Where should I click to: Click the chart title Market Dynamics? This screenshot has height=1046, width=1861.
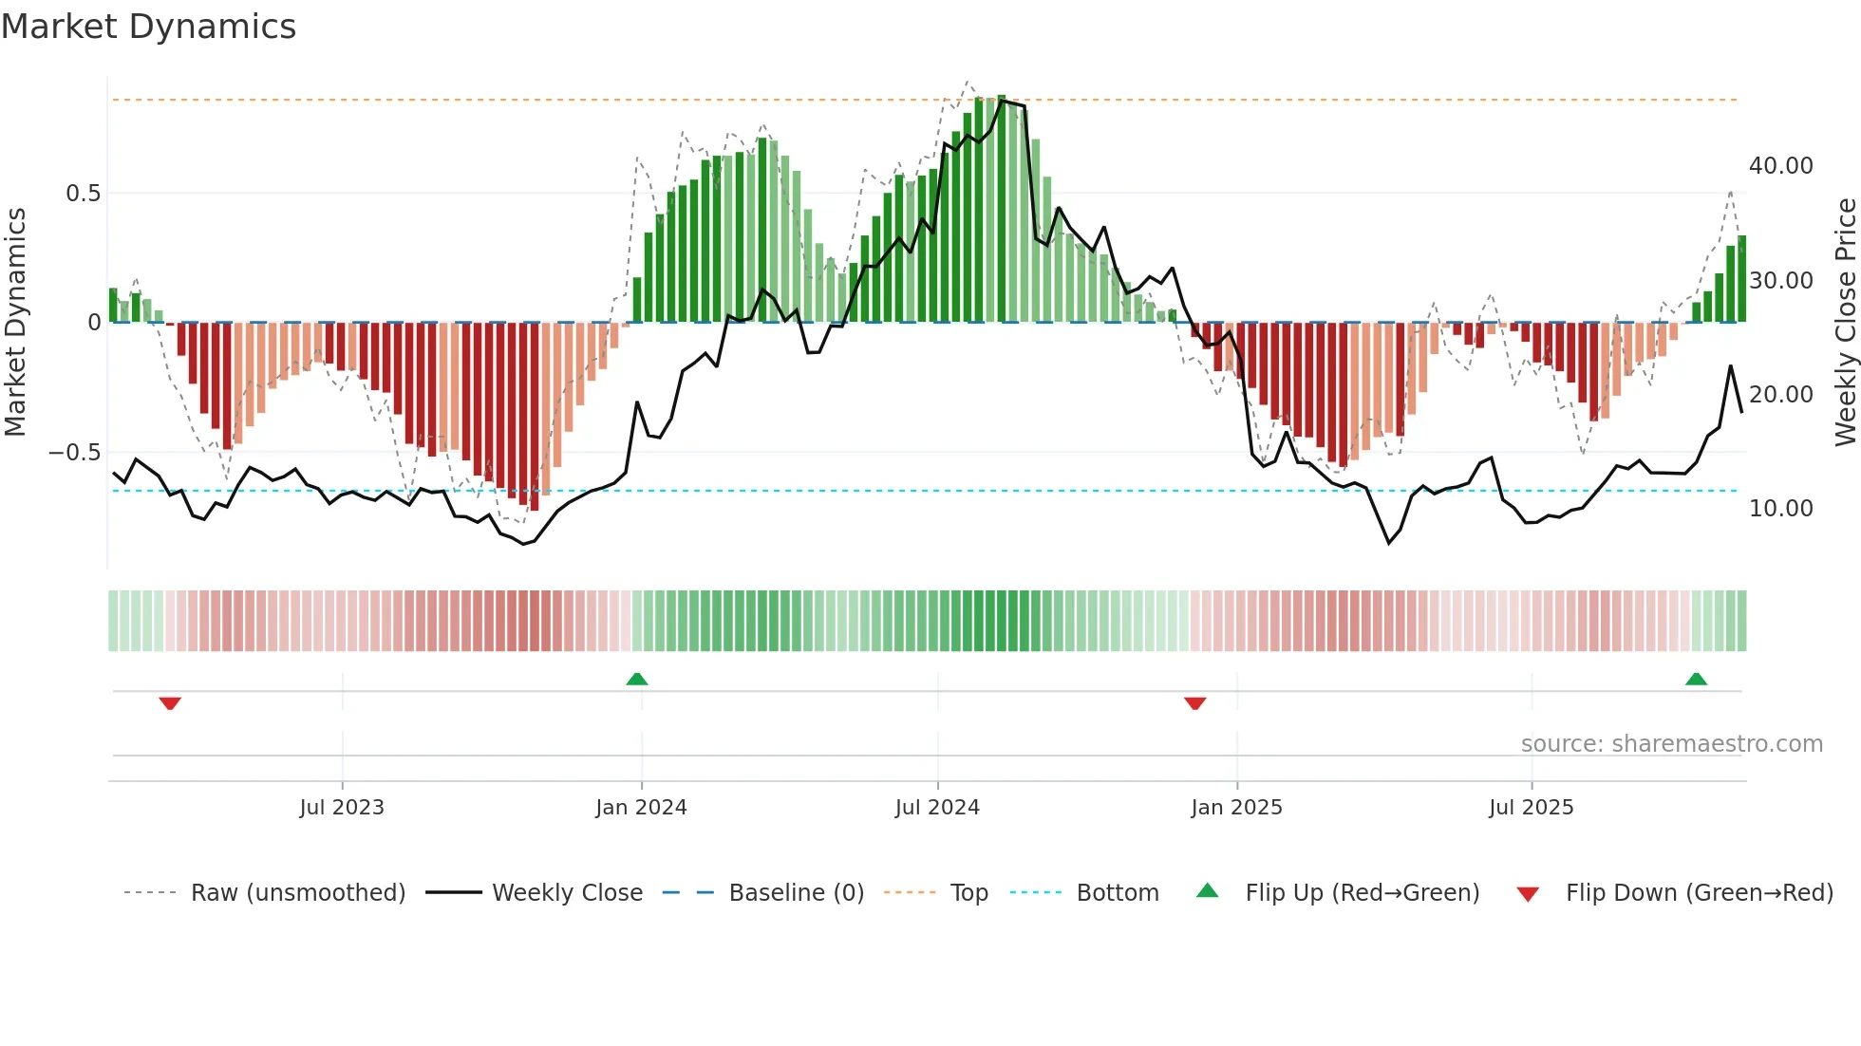click(149, 27)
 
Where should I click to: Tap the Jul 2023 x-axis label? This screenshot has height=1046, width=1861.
click(342, 808)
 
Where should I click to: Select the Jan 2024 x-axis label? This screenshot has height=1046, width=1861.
click(641, 808)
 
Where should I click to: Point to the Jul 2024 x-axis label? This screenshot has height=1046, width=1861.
click(937, 808)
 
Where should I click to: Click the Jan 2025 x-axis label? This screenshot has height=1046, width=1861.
click(1236, 808)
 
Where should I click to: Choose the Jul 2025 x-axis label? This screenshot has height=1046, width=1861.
click(1531, 808)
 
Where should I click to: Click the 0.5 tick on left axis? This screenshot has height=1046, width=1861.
click(83, 194)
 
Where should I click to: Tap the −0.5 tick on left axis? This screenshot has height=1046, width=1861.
click(75, 453)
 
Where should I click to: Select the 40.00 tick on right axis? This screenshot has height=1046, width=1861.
click(1780, 166)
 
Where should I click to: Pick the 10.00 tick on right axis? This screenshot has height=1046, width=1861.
click(1780, 509)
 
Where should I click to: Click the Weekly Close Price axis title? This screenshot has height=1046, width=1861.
click(1845, 323)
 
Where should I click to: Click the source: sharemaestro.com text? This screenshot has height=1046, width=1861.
click(1671, 744)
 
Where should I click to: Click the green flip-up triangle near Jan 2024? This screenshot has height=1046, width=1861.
click(637, 680)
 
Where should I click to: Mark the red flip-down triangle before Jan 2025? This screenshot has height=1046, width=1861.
click(1195, 702)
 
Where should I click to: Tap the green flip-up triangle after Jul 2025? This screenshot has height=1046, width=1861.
click(1696, 680)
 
